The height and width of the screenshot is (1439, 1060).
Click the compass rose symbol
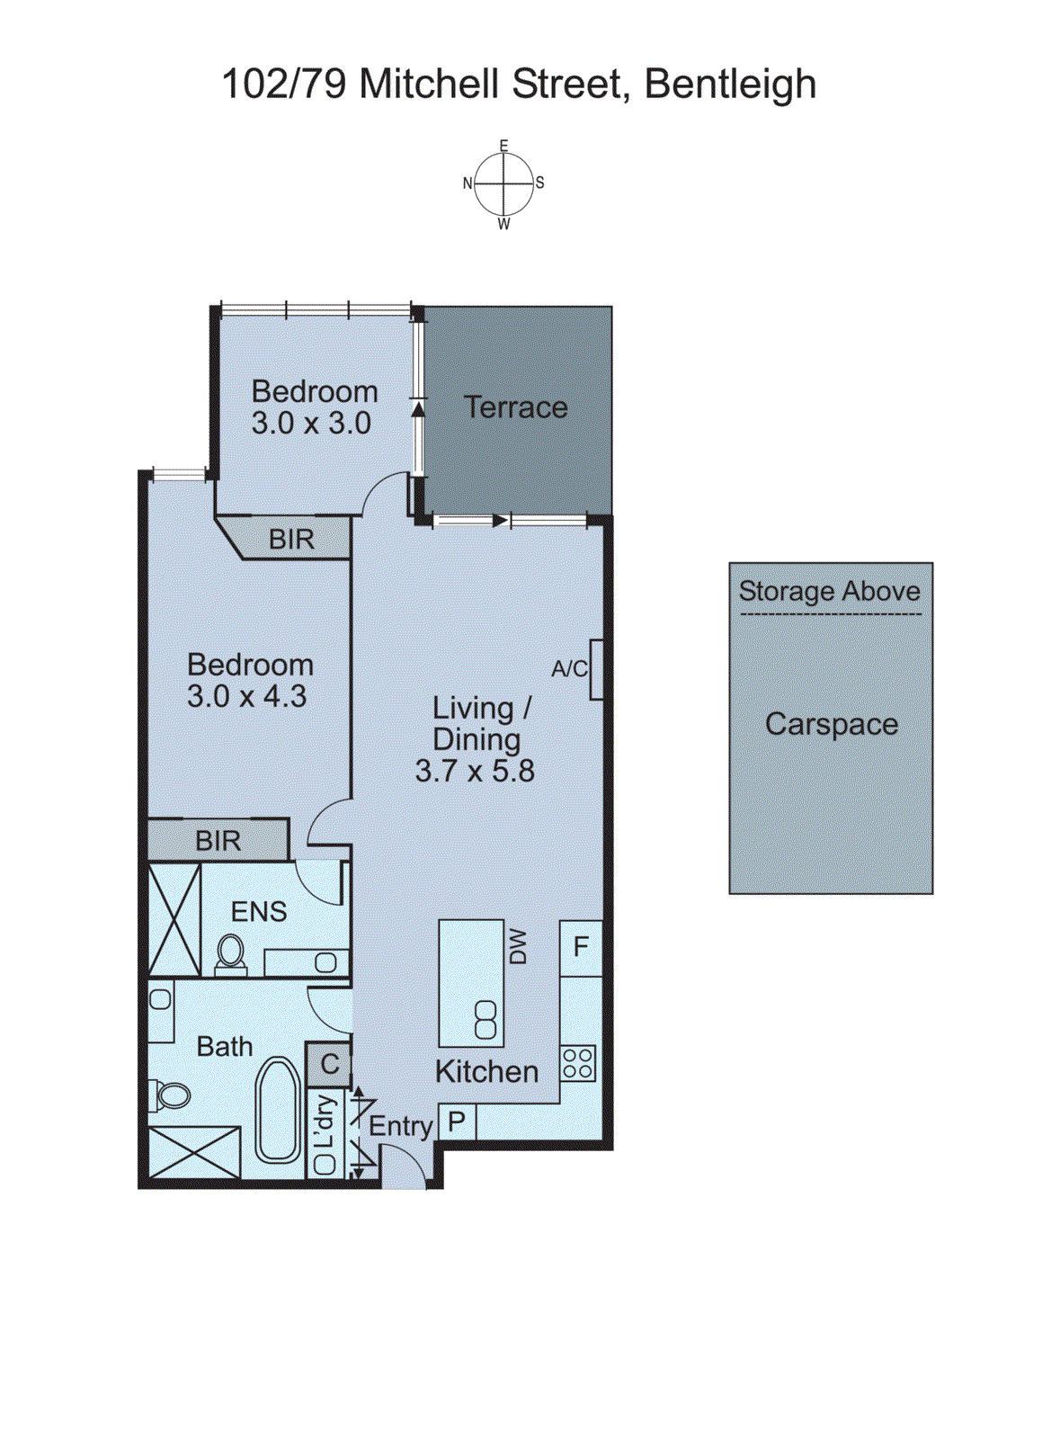503,183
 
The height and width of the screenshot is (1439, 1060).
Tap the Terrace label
516,407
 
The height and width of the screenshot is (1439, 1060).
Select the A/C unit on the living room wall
595,669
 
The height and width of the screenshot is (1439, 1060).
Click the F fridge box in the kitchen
581,947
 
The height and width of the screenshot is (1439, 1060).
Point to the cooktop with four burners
577,1063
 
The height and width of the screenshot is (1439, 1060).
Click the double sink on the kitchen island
485,1020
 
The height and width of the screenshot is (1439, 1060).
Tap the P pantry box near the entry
457,1122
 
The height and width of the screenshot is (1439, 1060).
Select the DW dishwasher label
518,946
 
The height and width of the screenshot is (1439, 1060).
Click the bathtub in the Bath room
278,1111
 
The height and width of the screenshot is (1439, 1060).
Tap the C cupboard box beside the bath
329,1064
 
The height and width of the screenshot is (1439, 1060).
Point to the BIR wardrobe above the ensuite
218,840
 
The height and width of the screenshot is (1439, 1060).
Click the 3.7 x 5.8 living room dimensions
475,771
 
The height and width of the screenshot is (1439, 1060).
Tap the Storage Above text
829,591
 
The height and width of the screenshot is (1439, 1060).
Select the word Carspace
832,724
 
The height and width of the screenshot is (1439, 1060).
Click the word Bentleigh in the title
730,85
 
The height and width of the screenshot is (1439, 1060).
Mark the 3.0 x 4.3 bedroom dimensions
247,696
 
